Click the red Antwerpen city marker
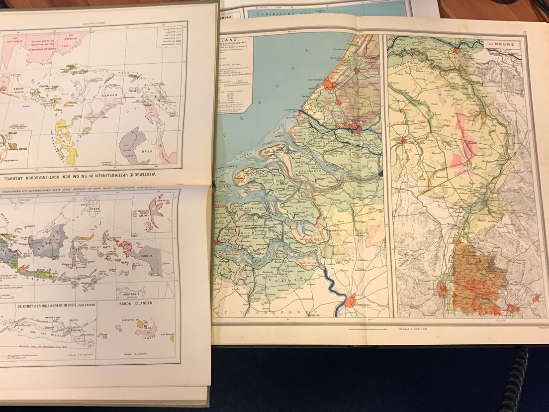pyautogui.click(x=351, y=301)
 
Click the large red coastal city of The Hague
pyautogui.click(x=330, y=85)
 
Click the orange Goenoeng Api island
pyautogui.click(x=140, y=324)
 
